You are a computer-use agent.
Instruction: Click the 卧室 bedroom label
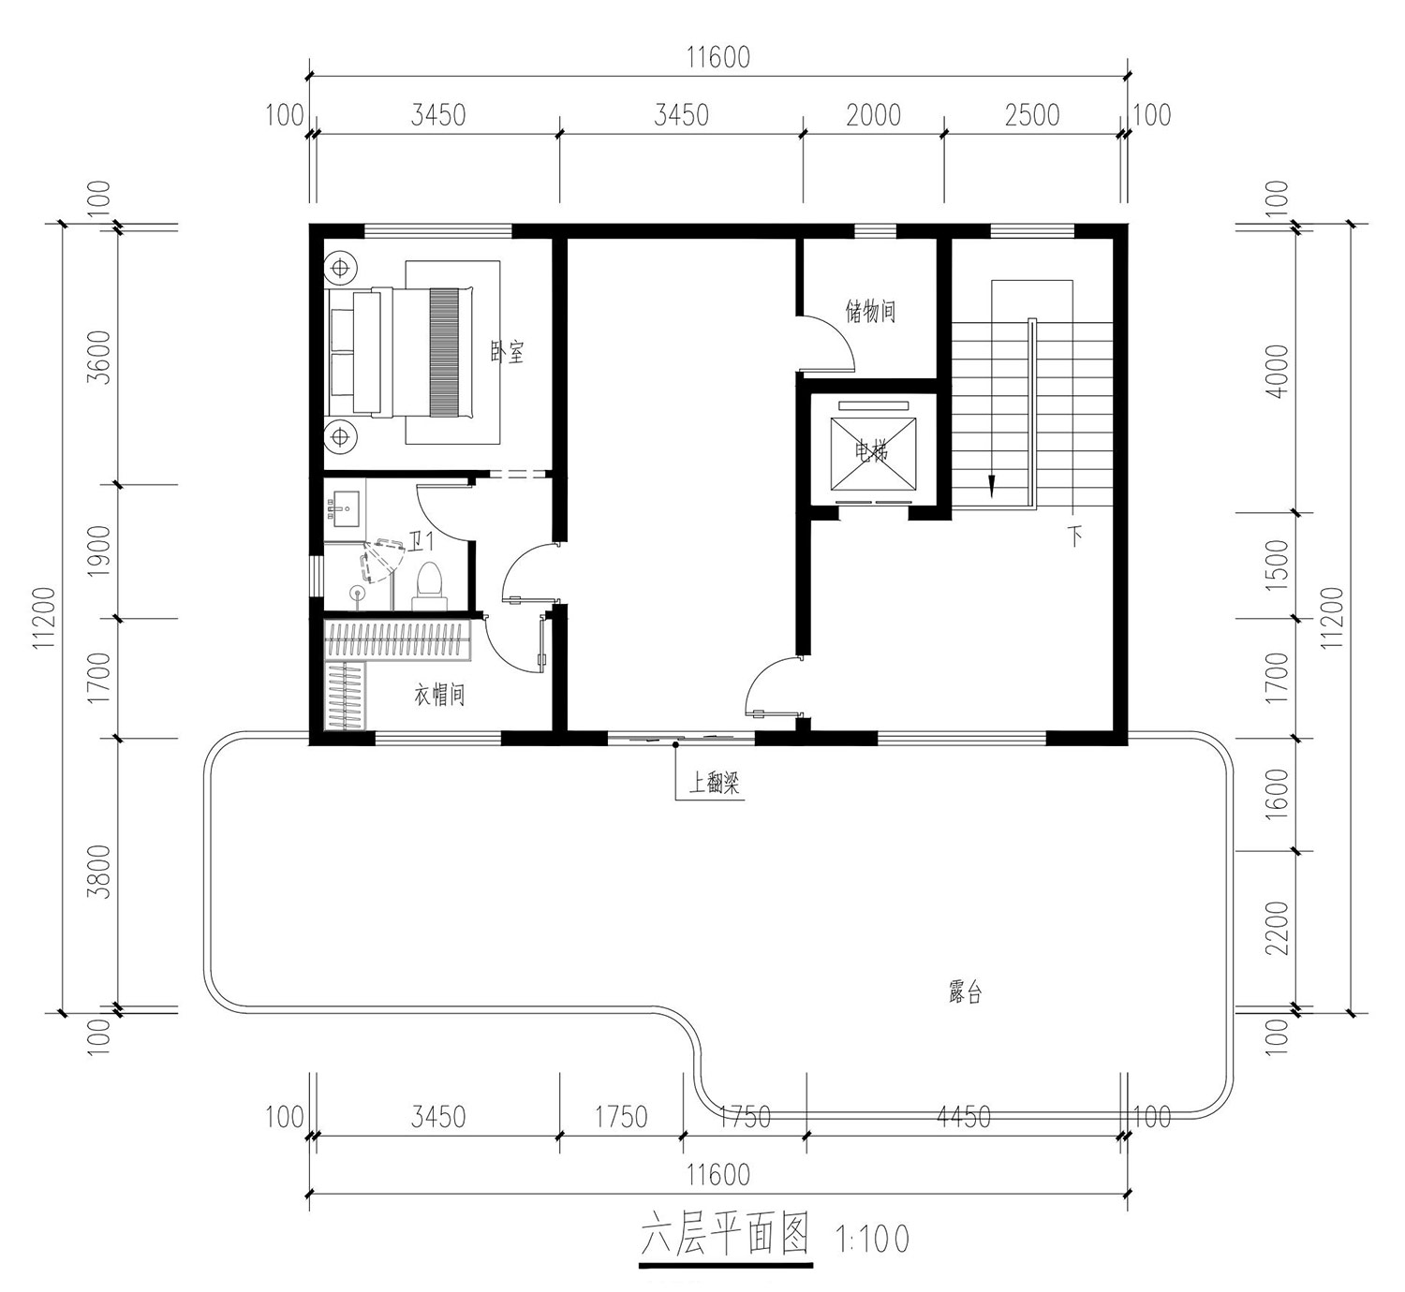point(507,352)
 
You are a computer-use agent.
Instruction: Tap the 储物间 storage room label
point(870,310)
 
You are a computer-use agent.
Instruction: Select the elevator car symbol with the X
point(873,453)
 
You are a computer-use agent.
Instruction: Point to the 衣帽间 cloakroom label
point(439,695)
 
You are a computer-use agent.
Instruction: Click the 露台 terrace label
point(965,992)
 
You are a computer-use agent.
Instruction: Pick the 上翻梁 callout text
point(714,784)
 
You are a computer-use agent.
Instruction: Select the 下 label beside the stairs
point(1076,537)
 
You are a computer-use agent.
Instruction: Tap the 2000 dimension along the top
point(873,115)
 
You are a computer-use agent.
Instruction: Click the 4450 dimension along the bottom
point(963,1117)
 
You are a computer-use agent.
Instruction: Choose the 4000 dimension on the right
point(1277,371)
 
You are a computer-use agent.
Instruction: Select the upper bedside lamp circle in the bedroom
point(340,268)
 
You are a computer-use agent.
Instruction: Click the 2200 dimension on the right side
point(1277,928)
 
